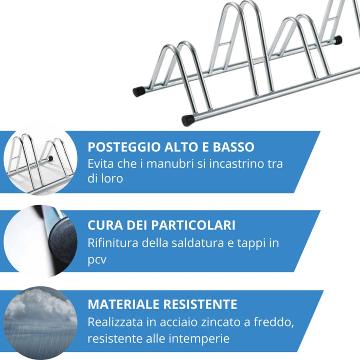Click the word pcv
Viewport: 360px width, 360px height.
[97, 260]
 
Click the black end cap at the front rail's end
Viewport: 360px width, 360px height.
[188, 120]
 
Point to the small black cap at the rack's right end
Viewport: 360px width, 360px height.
[337, 40]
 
